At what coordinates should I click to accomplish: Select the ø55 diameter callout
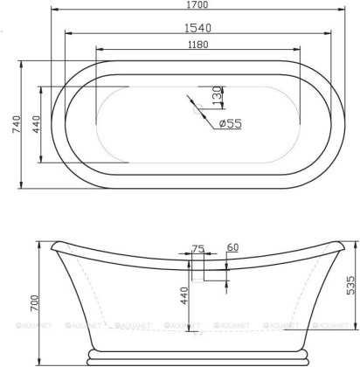pos(230,124)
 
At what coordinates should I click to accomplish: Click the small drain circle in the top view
pos(197,110)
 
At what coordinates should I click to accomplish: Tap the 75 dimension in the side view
pos(197,250)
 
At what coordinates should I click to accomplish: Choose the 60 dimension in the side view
pos(232,249)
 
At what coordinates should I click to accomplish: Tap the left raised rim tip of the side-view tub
pos(53,243)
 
